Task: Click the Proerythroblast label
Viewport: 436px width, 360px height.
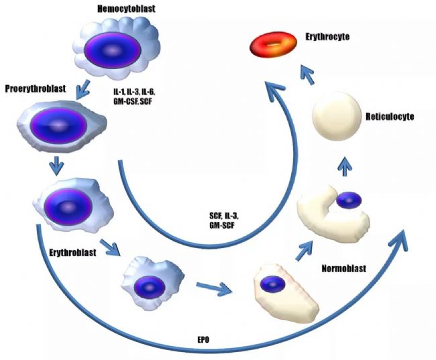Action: tap(34, 88)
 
